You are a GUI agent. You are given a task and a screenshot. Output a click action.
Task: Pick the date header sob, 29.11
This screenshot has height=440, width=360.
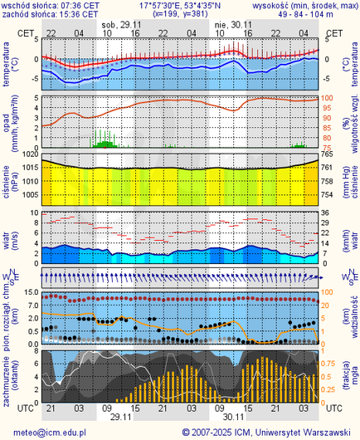click(x=119, y=25)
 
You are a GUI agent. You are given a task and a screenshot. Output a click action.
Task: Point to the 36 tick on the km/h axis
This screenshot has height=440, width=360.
click(x=328, y=213)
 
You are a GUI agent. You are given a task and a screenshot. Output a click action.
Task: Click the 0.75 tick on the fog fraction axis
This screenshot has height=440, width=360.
click(x=330, y=363)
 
